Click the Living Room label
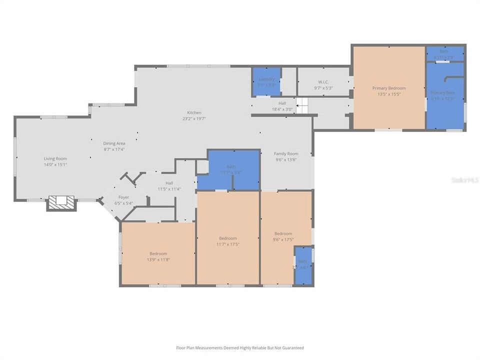(55, 158)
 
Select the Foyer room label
(123, 197)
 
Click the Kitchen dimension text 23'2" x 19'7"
(194, 118)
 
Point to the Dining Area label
(114, 143)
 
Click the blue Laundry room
(266, 81)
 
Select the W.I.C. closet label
(323, 82)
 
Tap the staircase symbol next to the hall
(301, 106)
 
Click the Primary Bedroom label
(389, 88)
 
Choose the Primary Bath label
(442, 92)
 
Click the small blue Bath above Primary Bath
(444, 53)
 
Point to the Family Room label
(286, 153)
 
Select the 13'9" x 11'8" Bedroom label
(158, 253)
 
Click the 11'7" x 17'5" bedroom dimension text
(227, 244)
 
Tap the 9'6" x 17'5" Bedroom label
(283, 233)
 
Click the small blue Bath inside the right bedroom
(302, 264)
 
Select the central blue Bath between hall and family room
(230, 169)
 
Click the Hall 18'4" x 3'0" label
(282, 106)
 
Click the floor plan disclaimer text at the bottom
(239, 347)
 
